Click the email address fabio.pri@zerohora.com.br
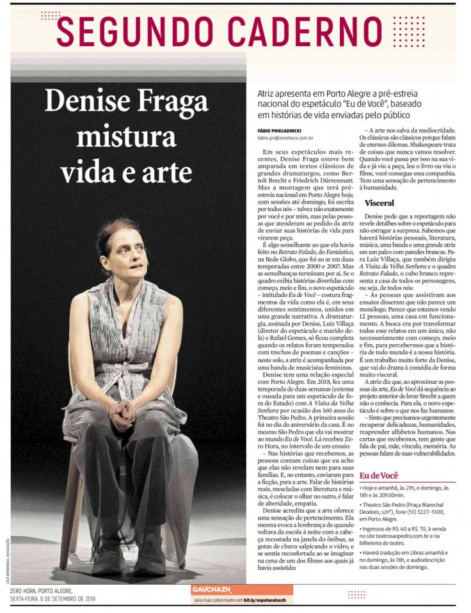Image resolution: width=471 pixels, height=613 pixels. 285,138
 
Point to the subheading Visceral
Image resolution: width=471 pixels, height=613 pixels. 379,202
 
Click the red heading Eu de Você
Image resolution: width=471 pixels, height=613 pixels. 379,475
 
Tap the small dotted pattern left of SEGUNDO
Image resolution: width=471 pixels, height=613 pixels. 50,15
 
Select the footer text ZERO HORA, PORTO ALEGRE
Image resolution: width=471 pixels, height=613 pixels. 41,591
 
